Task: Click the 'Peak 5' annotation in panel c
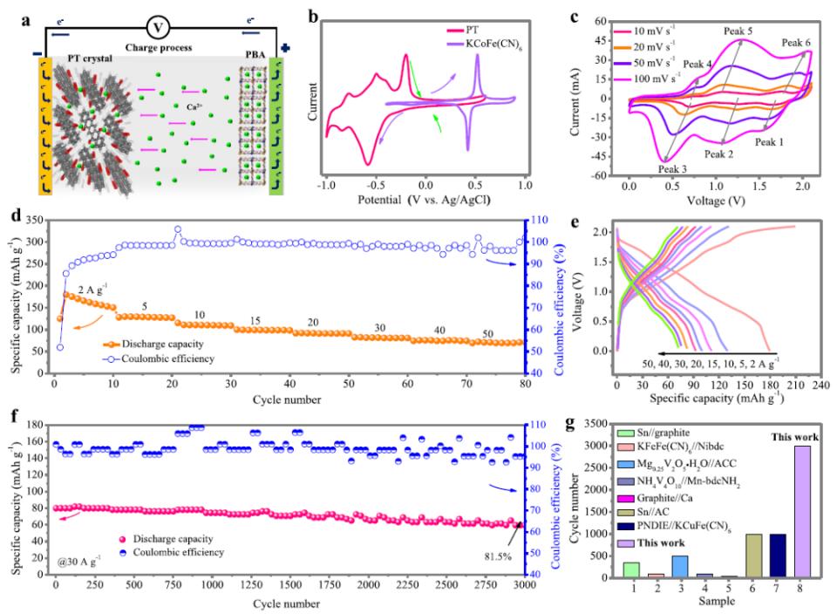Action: pyautogui.click(x=738, y=31)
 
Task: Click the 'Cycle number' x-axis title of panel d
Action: pyautogui.click(x=283, y=401)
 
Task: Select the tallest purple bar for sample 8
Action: pyautogui.click(x=802, y=511)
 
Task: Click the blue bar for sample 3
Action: pyautogui.click(x=679, y=566)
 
